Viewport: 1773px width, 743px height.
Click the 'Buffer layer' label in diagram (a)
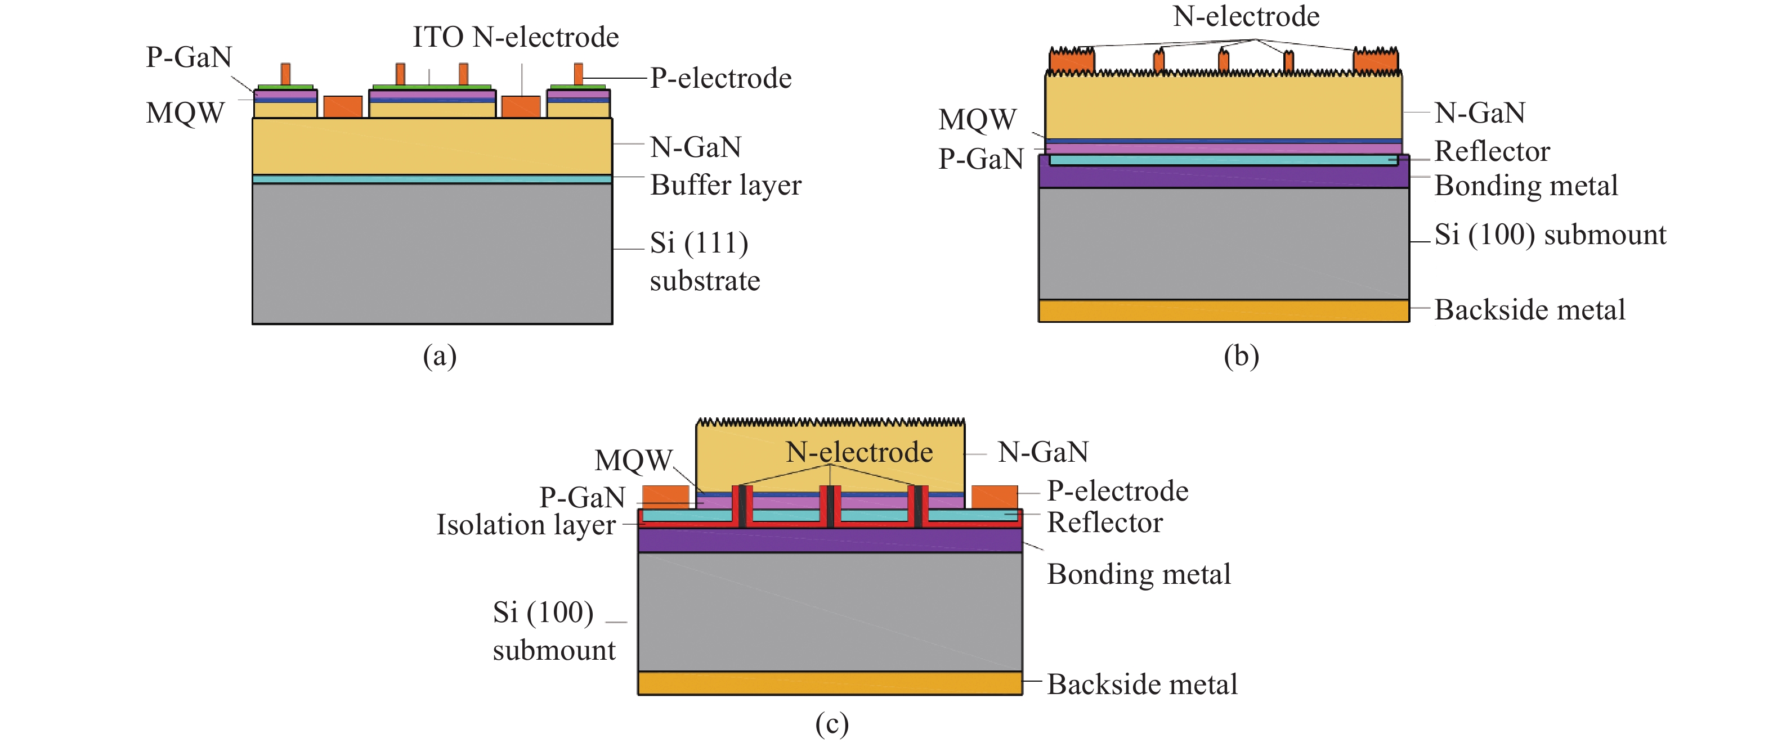(x=726, y=185)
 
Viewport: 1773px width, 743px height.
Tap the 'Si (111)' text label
(x=699, y=243)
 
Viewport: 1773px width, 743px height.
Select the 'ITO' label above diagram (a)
(x=438, y=37)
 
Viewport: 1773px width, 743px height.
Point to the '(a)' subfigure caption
(x=439, y=357)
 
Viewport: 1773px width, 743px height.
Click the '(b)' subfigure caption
(x=1241, y=357)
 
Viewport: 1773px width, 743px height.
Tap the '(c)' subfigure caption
(x=831, y=724)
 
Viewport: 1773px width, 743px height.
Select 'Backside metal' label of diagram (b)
(x=1529, y=309)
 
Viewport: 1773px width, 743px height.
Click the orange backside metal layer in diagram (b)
(x=1223, y=311)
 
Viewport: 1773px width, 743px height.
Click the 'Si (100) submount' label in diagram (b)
(x=1550, y=235)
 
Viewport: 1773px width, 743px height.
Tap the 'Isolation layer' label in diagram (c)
(x=526, y=525)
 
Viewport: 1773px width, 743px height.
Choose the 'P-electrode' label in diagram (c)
(x=1117, y=491)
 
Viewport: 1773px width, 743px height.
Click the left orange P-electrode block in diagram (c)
(x=665, y=496)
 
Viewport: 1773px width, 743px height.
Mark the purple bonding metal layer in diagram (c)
(x=830, y=540)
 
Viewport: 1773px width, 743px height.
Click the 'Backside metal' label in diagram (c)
(x=1142, y=685)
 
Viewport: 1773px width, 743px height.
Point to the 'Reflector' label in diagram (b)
(x=1492, y=151)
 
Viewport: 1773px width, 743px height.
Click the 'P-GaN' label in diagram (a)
(x=189, y=57)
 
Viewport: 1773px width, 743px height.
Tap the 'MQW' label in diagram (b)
(x=977, y=120)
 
